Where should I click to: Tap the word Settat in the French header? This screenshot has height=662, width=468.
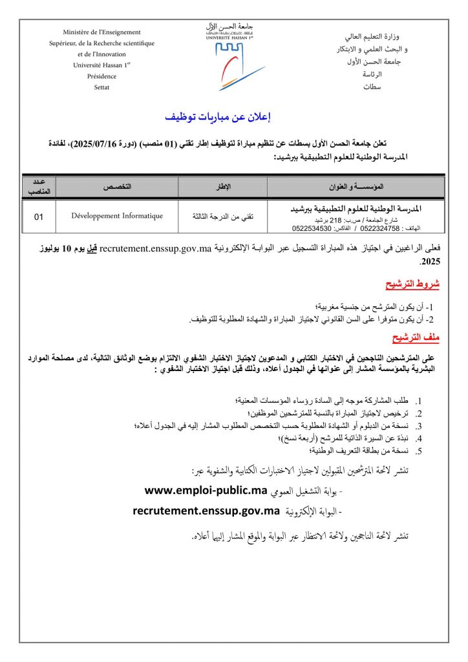tap(102, 86)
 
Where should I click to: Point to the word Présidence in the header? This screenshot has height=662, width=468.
tap(102, 75)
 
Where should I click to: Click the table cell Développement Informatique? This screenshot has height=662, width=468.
tap(117, 216)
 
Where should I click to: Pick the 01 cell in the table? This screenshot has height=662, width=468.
tap(39, 217)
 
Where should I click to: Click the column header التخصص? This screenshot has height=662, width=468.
tap(117, 186)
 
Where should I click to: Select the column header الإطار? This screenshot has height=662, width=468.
tap(222, 186)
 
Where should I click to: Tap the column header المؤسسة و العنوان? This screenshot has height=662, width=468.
tap(356, 186)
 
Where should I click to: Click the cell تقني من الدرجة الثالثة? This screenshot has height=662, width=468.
tap(222, 217)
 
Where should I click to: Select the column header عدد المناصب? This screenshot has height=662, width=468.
tap(39, 186)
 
